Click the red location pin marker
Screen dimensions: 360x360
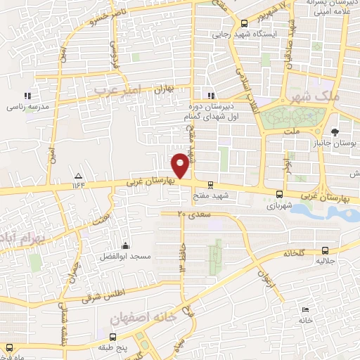(x=181, y=165)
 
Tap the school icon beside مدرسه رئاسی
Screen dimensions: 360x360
(x=27, y=96)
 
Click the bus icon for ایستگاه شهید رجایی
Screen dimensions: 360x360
(x=244, y=22)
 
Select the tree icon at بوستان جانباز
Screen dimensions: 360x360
(x=335, y=131)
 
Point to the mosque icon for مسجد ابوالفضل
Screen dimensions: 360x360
(x=125, y=245)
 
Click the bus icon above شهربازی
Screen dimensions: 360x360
(x=280, y=194)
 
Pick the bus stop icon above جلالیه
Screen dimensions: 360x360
(x=324, y=250)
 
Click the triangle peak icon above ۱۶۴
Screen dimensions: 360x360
(x=78, y=176)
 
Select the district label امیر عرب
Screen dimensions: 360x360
(x=119, y=90)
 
